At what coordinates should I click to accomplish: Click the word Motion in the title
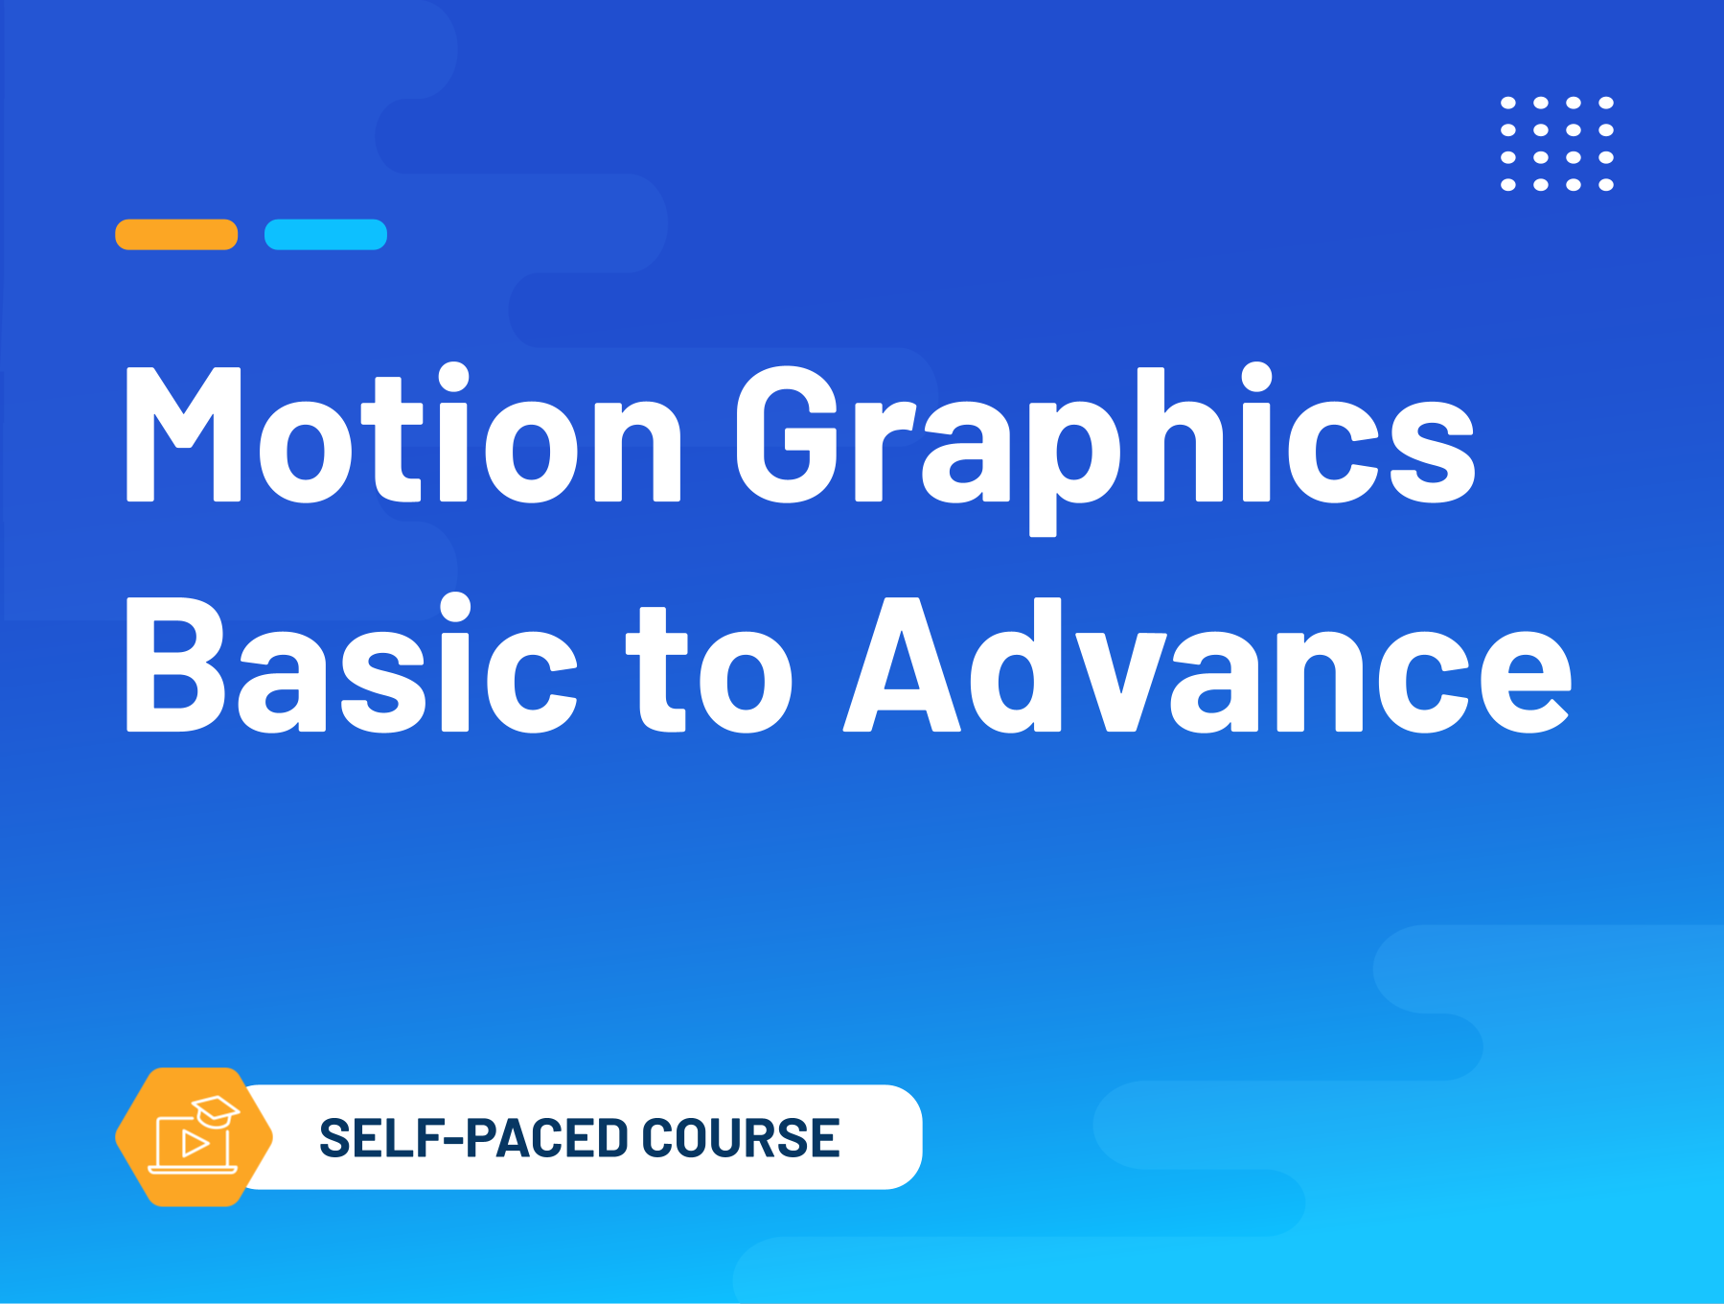tap(403, 433)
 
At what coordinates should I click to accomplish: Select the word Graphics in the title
tap(1105, 447)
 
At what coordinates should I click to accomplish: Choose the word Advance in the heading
tap(1207, 664)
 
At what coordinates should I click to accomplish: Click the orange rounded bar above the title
tap(176, 235)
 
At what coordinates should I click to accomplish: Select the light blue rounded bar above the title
tap(326, 235)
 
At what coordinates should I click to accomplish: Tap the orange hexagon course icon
tap(195, 1137)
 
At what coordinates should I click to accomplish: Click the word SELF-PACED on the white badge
tap(472, 1138)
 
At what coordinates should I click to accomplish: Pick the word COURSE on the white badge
tap(741, 1138)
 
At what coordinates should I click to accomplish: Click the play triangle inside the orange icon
tap(195, 1143)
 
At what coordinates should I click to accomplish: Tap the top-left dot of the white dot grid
tap(1508, 103)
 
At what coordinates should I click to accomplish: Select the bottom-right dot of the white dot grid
tap(1606, 185)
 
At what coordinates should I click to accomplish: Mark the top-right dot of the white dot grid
tap(1606, 103)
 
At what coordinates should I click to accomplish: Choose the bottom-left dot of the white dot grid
tap(1508, 185)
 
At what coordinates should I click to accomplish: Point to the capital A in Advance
tap(902, 664)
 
